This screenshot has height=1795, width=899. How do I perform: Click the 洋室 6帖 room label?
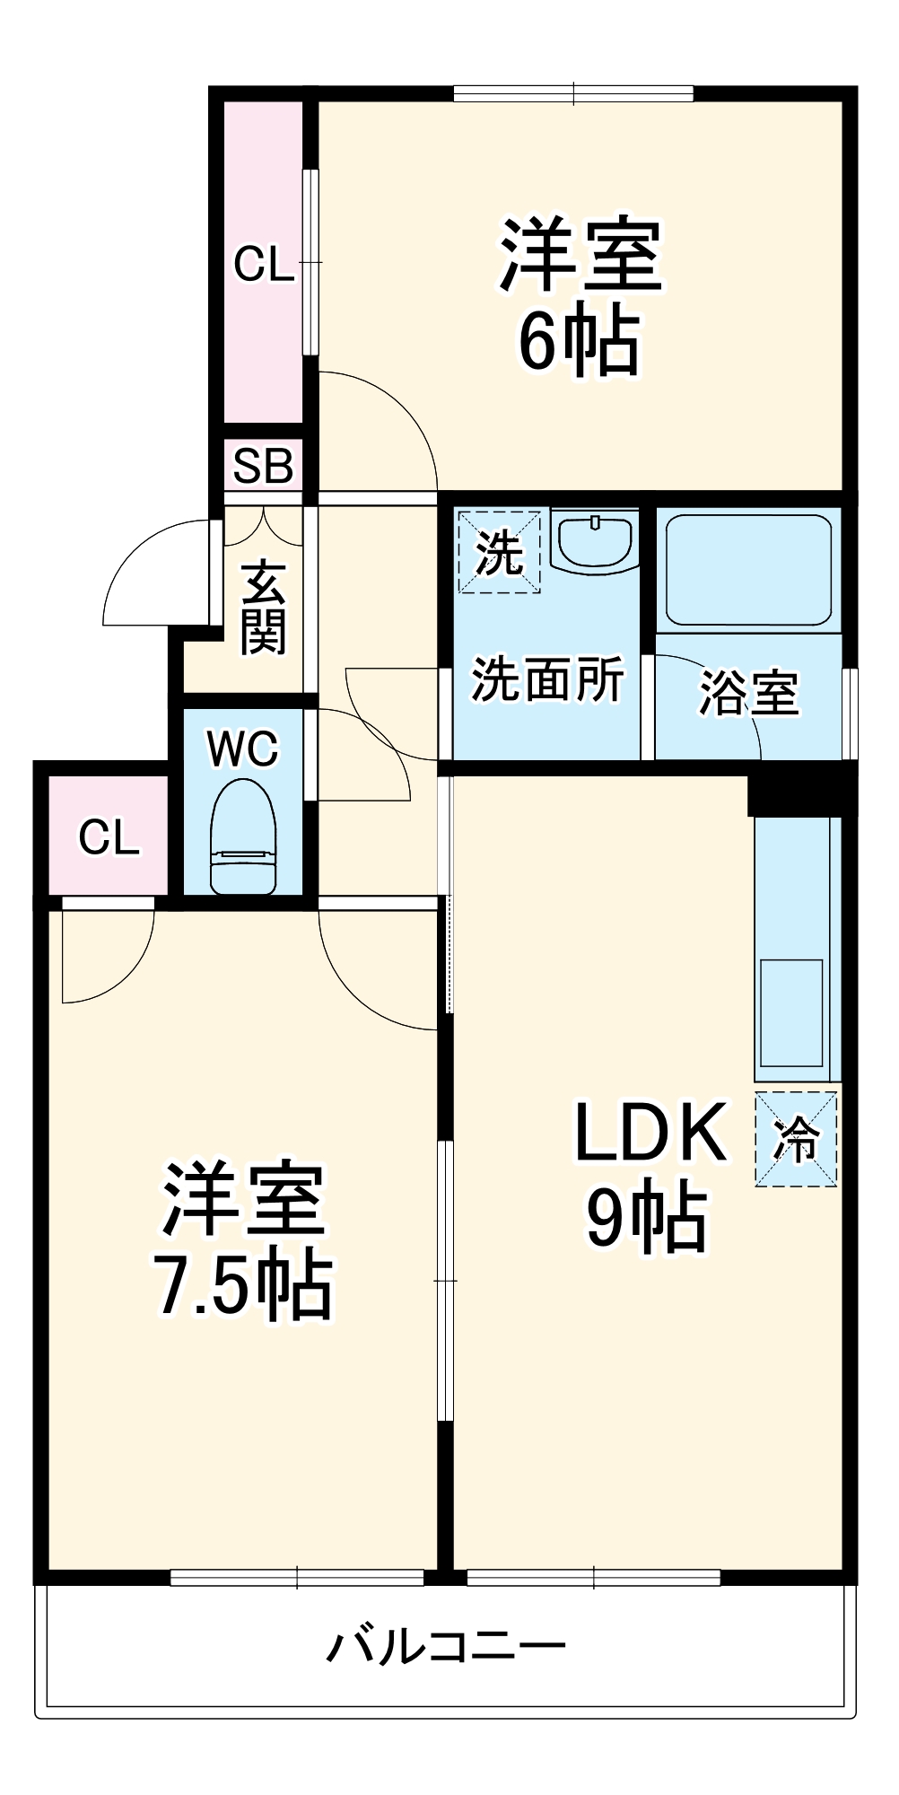[x=580, y=296]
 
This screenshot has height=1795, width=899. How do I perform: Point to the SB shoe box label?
[x=263, y=466]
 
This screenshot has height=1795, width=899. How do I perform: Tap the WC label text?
[x=243, y=749]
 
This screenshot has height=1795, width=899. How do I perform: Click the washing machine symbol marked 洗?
[x=499, y=552]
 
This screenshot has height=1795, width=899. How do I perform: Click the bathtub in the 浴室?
[x=747, y=569]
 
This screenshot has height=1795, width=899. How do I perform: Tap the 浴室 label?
[x=748, y=693]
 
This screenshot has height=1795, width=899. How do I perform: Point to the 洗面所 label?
[x=547, y=679]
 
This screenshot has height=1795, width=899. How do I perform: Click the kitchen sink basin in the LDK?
[x=791, y=1012]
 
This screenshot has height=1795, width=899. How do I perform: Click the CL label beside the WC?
[x=109, y=836]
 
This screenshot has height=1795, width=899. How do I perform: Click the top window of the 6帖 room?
[x=573, y=92]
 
